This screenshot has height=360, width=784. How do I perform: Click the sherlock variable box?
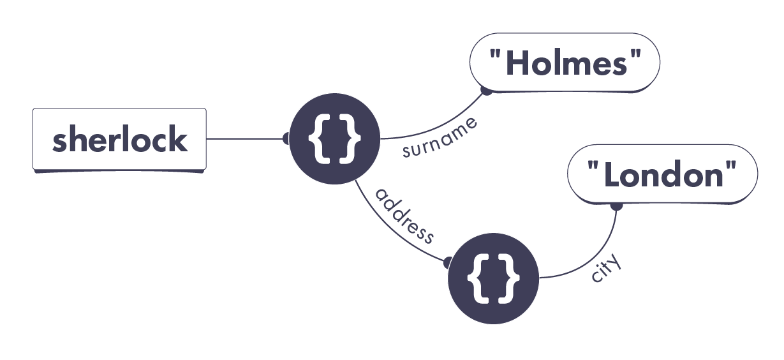[119, 140]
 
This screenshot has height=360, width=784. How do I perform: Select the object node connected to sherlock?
[334, 139]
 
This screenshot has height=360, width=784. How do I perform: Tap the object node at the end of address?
[493, 278]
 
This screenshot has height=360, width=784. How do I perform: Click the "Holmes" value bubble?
[565, 64]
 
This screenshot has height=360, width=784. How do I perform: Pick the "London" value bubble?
[662, 174]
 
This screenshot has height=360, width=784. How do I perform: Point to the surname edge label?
[440, 138]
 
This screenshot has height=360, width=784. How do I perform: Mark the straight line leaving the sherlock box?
[246, 139]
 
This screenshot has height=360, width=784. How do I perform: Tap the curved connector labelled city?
[593, 259]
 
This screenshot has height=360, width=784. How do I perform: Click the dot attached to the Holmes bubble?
[486, 91]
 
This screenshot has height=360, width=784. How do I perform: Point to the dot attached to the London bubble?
[616, 206]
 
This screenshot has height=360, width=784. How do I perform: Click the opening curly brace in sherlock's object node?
[318, 139]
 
